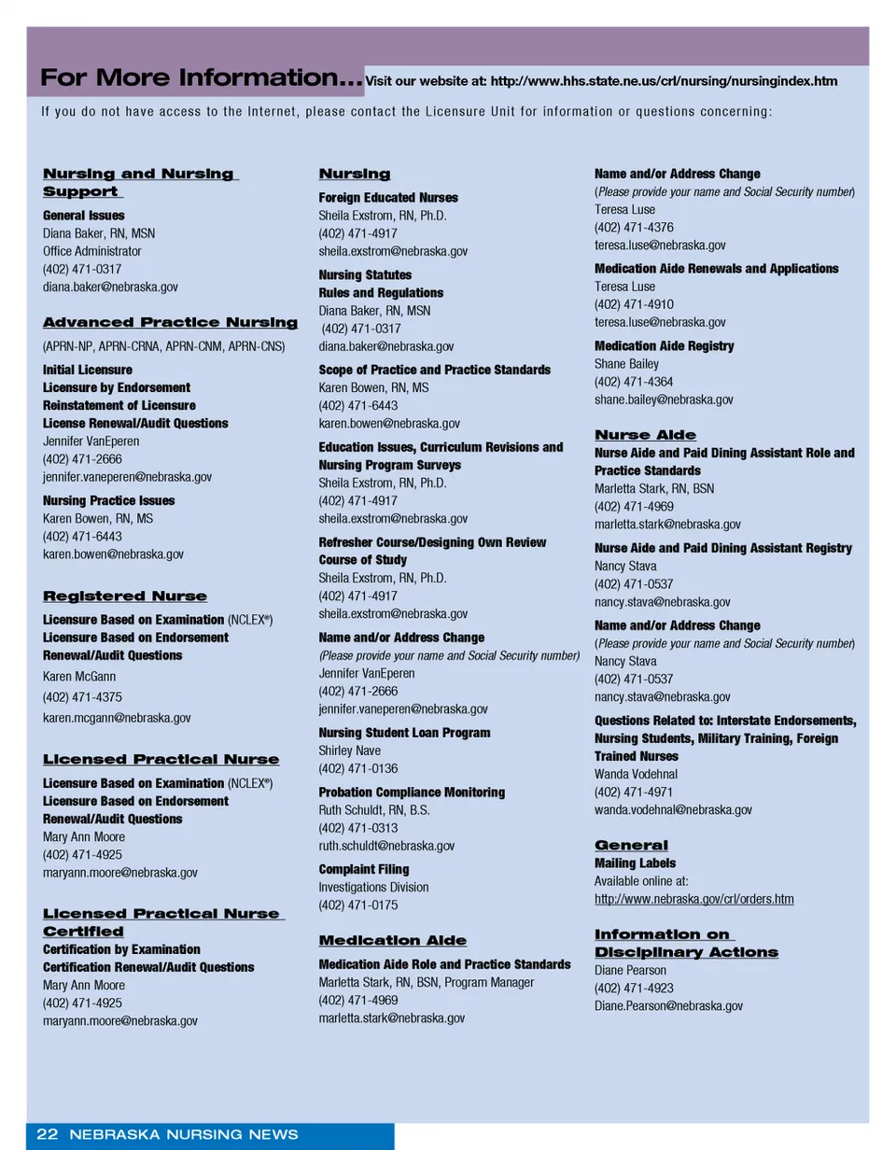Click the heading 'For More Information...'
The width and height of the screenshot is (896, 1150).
click(201, 78)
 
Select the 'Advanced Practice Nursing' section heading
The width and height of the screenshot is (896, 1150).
click(170, 323)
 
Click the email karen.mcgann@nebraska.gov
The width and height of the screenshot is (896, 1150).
click(117, 718)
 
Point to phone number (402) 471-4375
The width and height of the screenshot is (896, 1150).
click(82, 696)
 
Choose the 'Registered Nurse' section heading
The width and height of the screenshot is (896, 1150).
click(125, 596)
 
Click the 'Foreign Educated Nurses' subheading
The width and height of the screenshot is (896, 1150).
click(388, 198)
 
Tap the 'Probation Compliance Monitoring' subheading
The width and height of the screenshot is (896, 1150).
click(412, 792)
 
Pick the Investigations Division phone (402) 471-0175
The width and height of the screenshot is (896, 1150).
click(357, 905)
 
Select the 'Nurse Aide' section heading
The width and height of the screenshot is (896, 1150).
click(645, 435)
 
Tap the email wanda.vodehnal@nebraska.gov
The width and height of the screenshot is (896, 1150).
click(673, 809)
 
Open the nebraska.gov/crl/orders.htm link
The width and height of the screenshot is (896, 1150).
click(693, 899)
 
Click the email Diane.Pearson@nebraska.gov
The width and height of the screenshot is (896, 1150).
click(668, 1005)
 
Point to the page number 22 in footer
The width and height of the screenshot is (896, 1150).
click(47, 1134)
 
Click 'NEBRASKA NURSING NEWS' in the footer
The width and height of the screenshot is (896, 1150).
click(183, 1134)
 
